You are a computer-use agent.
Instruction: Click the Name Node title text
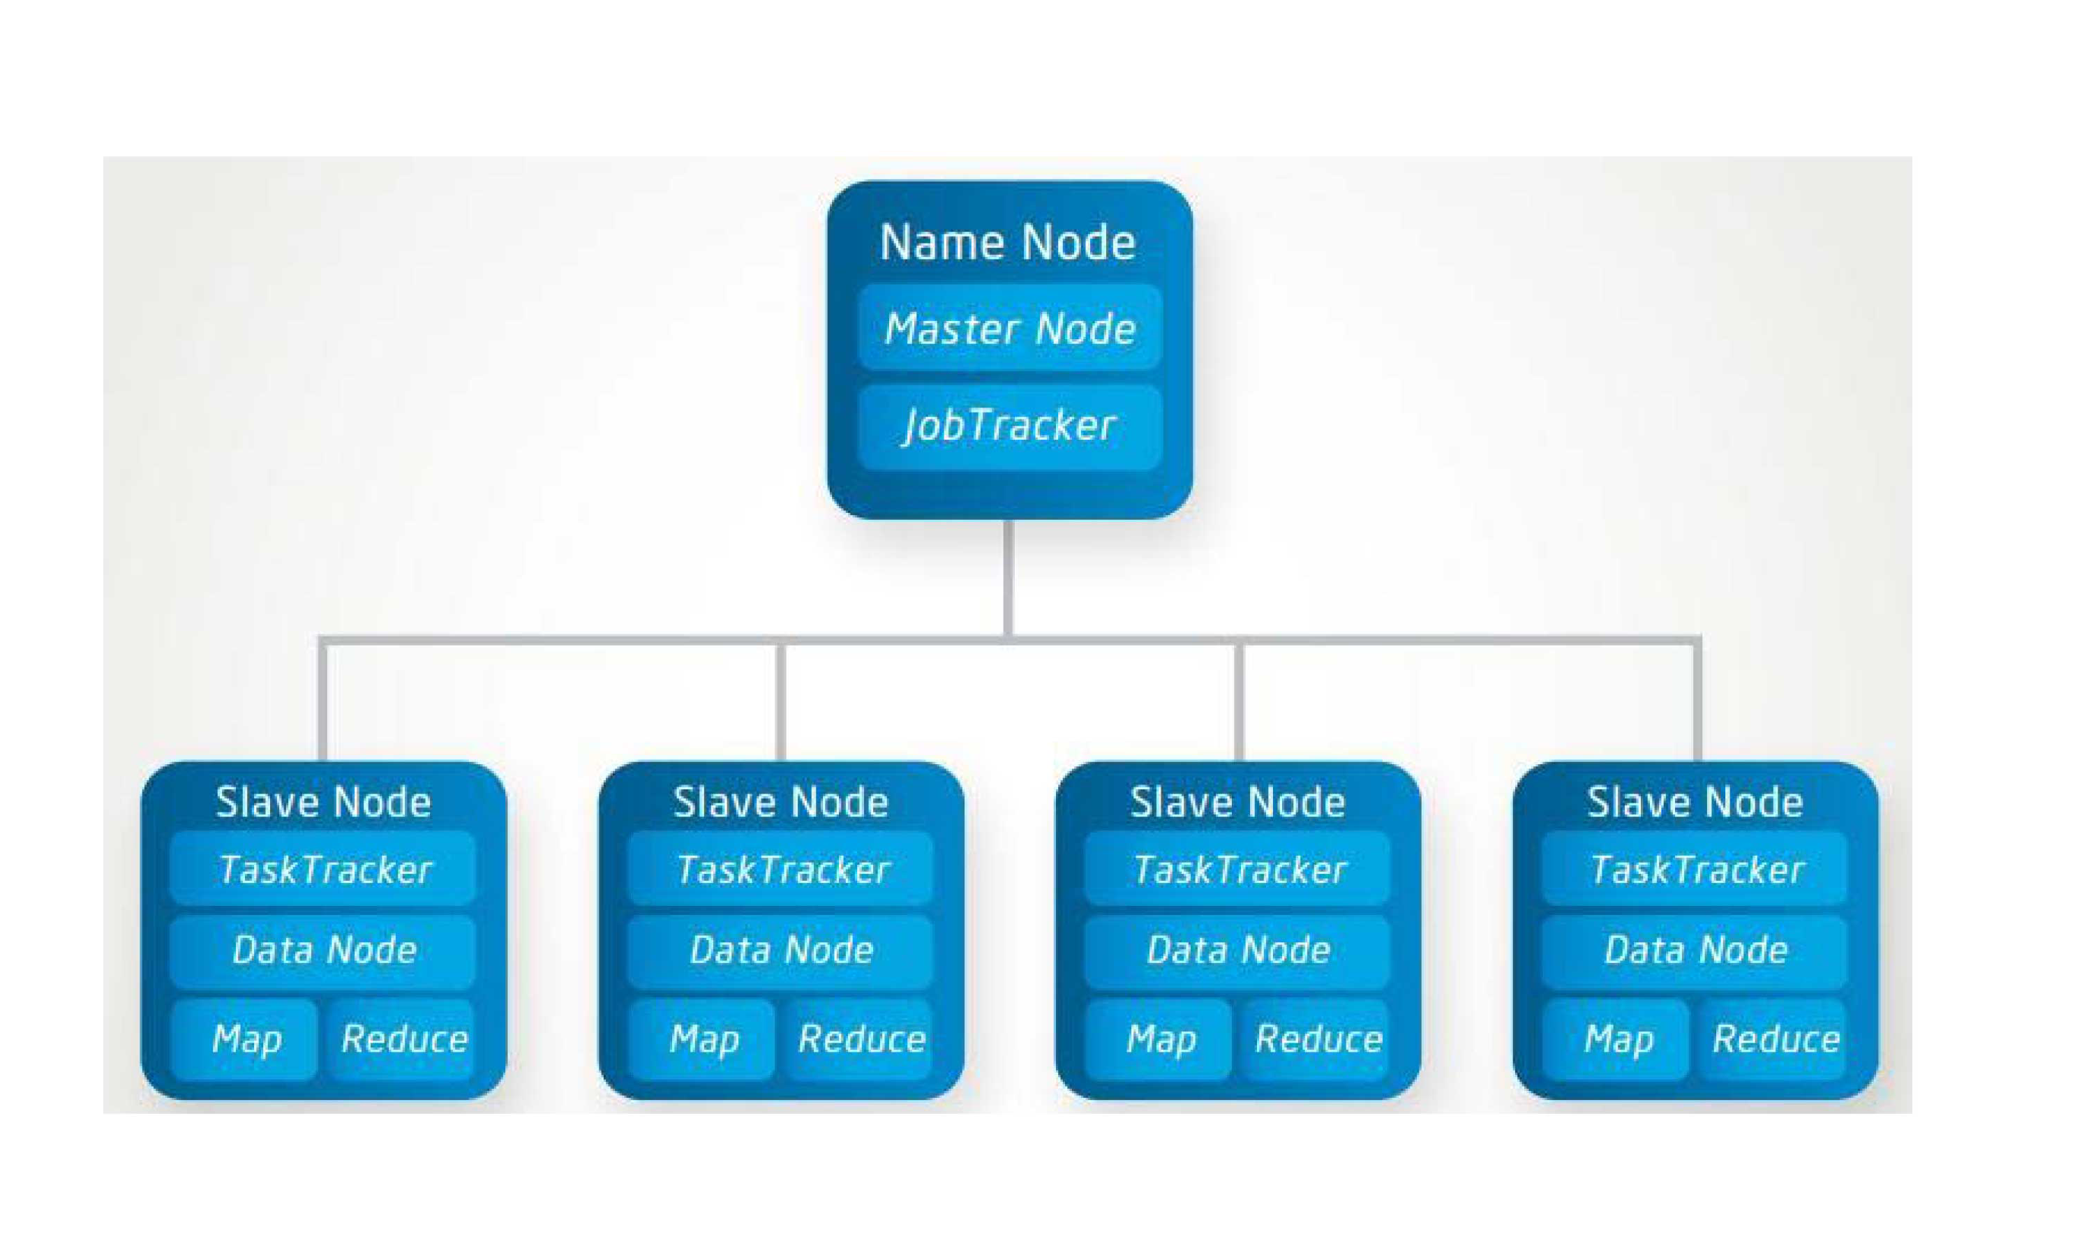tap(1008, 243)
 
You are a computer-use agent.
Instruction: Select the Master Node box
tap(1010, 327)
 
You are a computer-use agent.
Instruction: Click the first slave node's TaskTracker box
tap(323, 868)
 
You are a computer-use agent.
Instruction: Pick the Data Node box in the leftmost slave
tap(323, 950)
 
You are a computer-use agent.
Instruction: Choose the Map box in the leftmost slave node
tap(245, 1039)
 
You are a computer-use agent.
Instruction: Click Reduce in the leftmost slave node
tap(403, 1039)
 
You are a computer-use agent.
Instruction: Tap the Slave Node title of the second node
tap(781, 801)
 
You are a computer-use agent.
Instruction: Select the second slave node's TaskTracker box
tap(781, 868)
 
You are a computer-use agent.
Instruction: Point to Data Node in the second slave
tap(781, 950)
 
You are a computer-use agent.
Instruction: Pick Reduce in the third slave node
tap(1317, 1039)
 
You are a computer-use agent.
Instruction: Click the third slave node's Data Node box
tap(1238, 950)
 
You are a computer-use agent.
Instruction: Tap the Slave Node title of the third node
tap(1238, 801)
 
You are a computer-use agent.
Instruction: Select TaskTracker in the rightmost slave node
tap(1695, 868)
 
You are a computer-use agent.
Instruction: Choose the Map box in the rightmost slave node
tap(1617, 1039)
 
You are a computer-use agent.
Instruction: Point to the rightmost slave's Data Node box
tap(1695, 950)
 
